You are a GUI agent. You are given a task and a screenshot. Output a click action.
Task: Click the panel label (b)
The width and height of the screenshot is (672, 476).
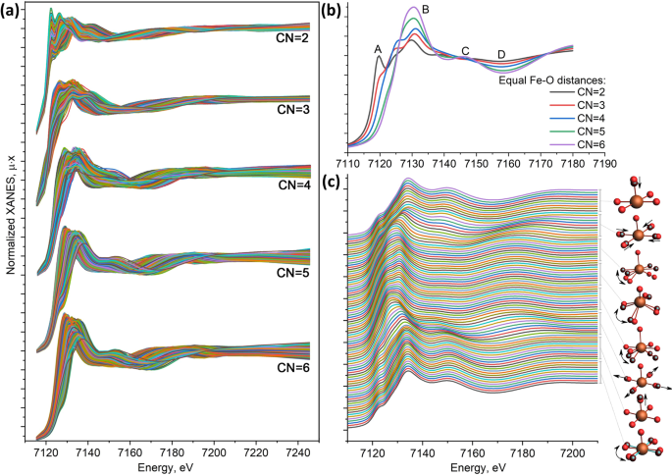pyautogui.click(x=333, y=13)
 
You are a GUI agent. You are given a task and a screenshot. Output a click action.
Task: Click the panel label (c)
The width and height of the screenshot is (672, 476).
pyautogui.click(x=333, y=181)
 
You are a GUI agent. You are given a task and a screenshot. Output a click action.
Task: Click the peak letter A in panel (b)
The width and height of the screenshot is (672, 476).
pyautogui.click(x=377, y=49)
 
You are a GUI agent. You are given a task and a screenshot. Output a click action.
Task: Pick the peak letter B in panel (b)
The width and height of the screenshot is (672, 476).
pyautogui.click(x=425, y=10)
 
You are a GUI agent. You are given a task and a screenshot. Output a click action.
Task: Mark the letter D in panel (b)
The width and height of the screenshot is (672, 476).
pyautogui.click(x=501, y=54)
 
